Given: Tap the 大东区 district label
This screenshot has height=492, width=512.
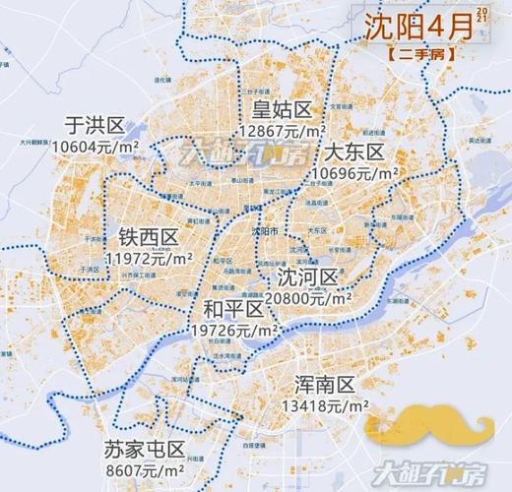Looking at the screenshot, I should click(x=352, y=153).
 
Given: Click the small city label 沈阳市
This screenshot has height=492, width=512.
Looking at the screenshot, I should click(x=266, y=229).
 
